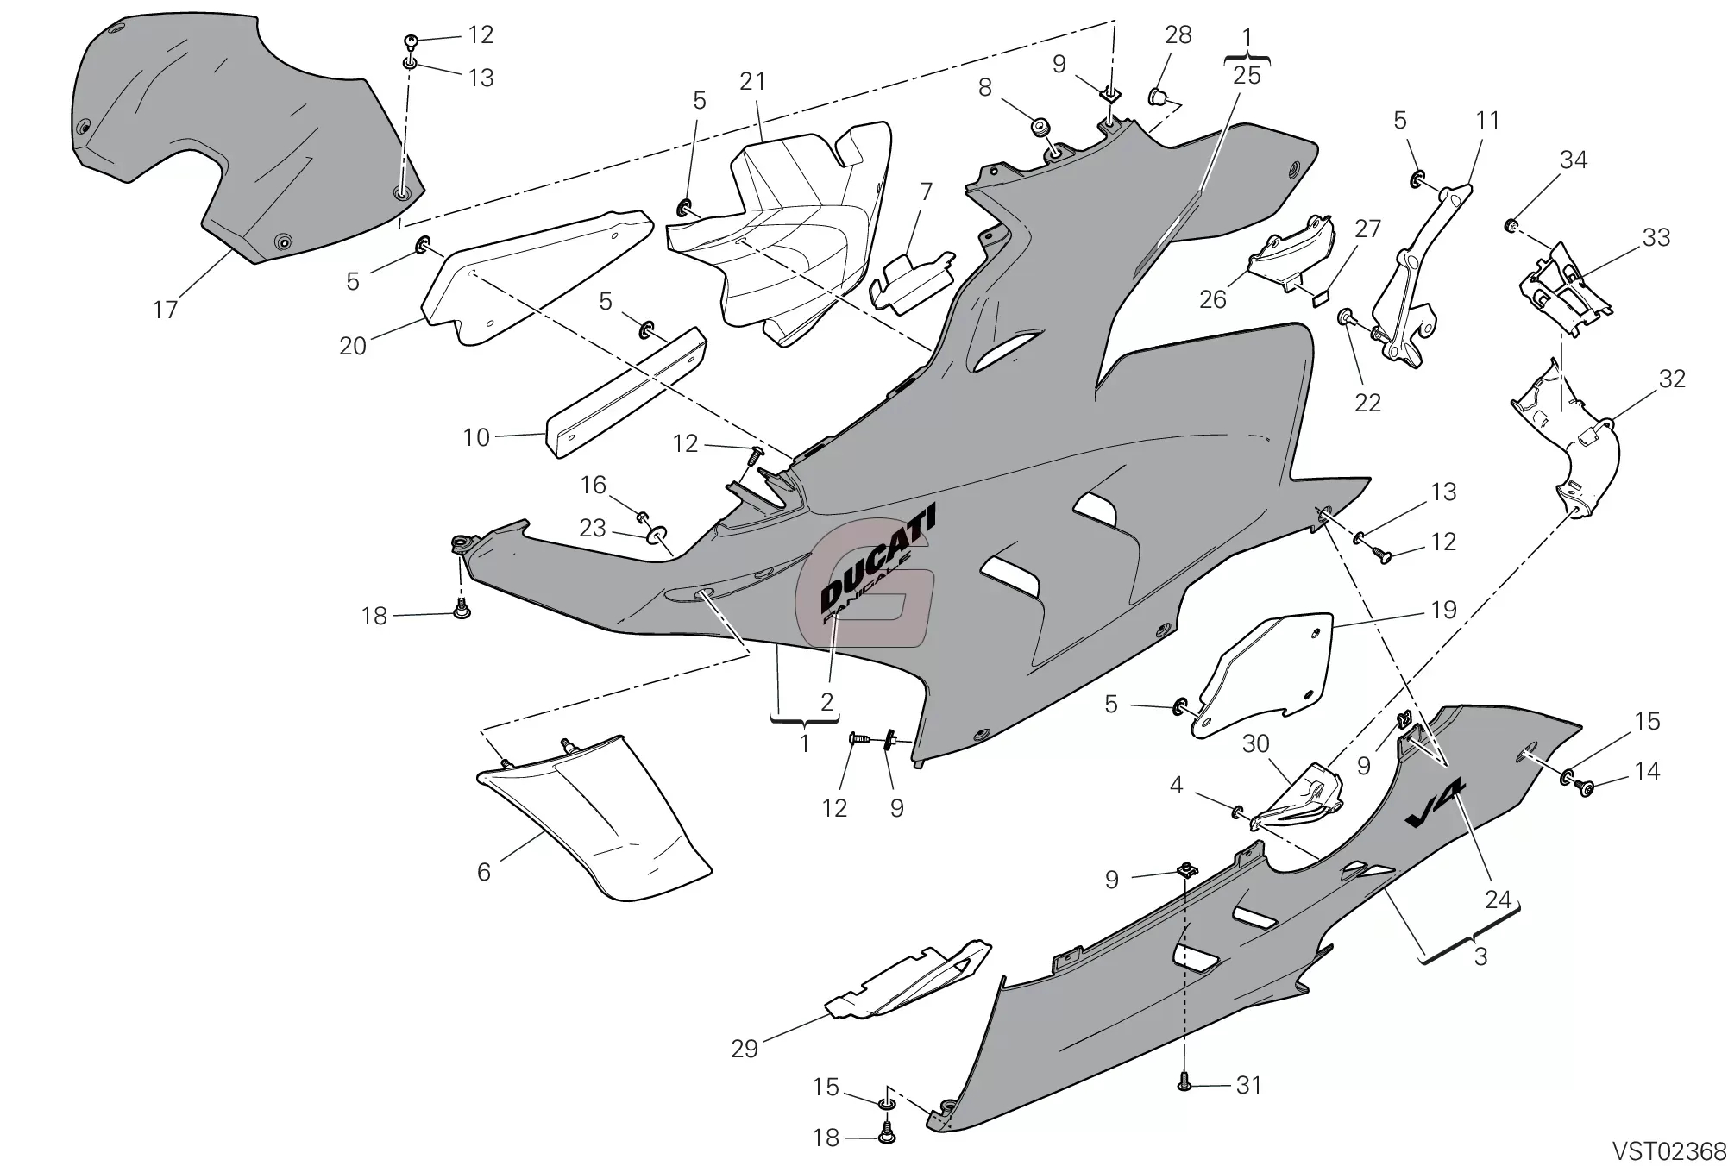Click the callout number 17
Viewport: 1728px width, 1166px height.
(165, 310)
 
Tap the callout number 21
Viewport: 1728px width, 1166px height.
(752, 81)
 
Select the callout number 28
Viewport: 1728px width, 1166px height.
(1178, 35)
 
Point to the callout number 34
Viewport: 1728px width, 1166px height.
(1574, 160)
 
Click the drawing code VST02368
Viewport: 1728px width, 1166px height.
(1669, 1151)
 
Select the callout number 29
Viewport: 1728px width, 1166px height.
(744, 1049)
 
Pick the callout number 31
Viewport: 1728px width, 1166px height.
(1248, 1085)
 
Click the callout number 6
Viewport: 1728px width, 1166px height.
(484, 872)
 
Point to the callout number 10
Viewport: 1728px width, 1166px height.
(476, 437)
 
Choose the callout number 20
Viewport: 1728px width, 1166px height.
(353, 346)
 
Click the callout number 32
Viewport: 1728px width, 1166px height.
(1671, 379)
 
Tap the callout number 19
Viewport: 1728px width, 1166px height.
(1443, 610)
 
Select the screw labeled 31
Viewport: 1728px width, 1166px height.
(1185, 1079)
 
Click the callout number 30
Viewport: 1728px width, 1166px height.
(1255, 743)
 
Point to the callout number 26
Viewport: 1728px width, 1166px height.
(1212, 299)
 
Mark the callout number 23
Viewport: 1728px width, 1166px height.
(592, 528)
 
